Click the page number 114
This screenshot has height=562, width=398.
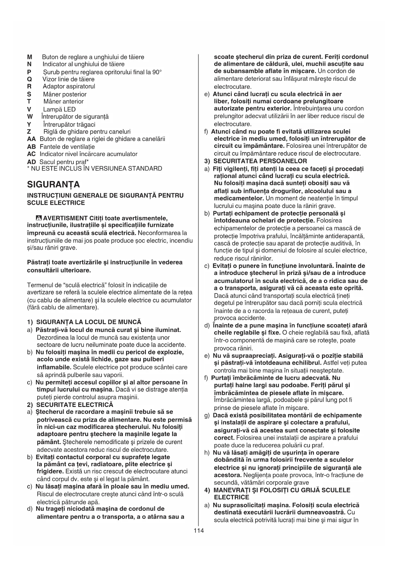(x=199, y=531)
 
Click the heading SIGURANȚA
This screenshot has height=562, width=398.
(x=54, y=185)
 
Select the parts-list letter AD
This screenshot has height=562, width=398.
(x=31, y=162)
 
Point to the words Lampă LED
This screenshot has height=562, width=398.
(x=59, y=109)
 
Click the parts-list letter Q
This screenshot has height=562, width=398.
(x=30, y=79)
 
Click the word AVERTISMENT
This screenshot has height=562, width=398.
(x=65, y=218)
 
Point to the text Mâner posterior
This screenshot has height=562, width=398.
(x=65, y=94)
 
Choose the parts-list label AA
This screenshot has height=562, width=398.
(x=31, y=139)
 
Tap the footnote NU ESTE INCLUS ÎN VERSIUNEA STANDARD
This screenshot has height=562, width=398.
(x=96, y=169)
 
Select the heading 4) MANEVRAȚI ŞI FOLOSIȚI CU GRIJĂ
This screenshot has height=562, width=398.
(x=277, y=490)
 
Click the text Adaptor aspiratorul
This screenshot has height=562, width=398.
(x=69, y=86)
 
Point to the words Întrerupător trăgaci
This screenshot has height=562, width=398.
(x=69, y=124)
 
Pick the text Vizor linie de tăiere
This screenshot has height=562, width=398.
(x=68, y=79)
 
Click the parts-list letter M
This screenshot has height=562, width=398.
(x=30, y=57)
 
